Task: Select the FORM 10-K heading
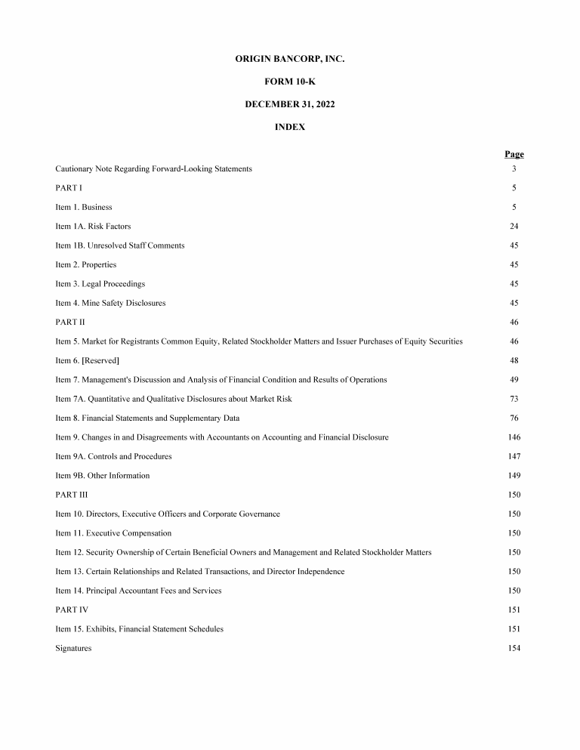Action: [x=290, y=81]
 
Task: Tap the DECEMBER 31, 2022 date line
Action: [x=290, y=104]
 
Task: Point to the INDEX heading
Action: [x=290, y=128]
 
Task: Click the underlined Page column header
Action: [x=514, y=155]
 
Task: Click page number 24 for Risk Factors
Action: [x=514, y=226]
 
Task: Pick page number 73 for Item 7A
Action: [x=514, y=399]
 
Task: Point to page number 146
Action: [x=514, y=437]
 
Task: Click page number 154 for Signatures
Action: [x=514, y=648]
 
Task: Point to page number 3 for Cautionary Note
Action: [x=514, y=168]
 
